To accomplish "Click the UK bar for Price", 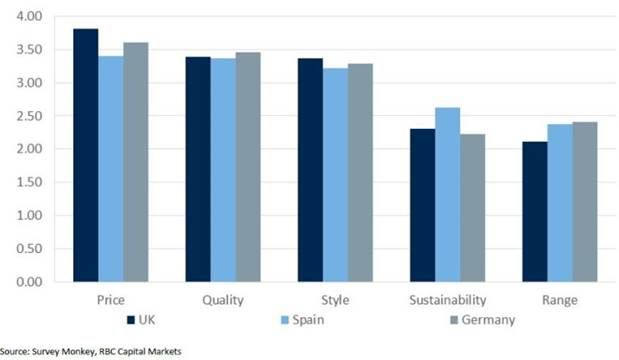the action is pyautogui.click(x=86, y=155).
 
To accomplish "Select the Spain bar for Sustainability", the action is pyautogui.click(x=448, y=195).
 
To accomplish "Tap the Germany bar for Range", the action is pyautogui.click(x=585, y=202).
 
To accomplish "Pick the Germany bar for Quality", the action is pyautogui.click(x=248, y=167).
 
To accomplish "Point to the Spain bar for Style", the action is pyautogui.click(x=336, y=175).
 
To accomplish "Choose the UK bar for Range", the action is pyautogui.click(x=535, y=212).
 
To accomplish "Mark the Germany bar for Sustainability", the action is pyautogui.click(x=473, y=208).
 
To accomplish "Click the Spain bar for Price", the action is pyautogui.click(x=111, y=169).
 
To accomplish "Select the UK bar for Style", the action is pyautogui.click(x=310, y=170).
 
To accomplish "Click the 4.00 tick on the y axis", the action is pyautogui.click(x=29, y=16).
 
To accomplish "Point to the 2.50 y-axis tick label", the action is pyautogui.click(x=29, y=116).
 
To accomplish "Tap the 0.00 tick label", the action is pyautogui.click(x=29, y=282).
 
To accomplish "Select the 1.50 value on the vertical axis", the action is pyautogui.click(x=29, y=182).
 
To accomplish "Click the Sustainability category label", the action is pyautogui.click(x=448, y=300).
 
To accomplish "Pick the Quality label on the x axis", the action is pyautogui.click(x=223, y=300).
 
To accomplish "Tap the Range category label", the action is pyautogui.click(x=560, y=300).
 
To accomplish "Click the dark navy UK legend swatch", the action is pyautogui.click(x=131, y=320).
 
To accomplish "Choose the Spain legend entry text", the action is pyautogui.click(x=308, y=320).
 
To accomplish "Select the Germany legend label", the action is pyautogui.click(x=488, y=320).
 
